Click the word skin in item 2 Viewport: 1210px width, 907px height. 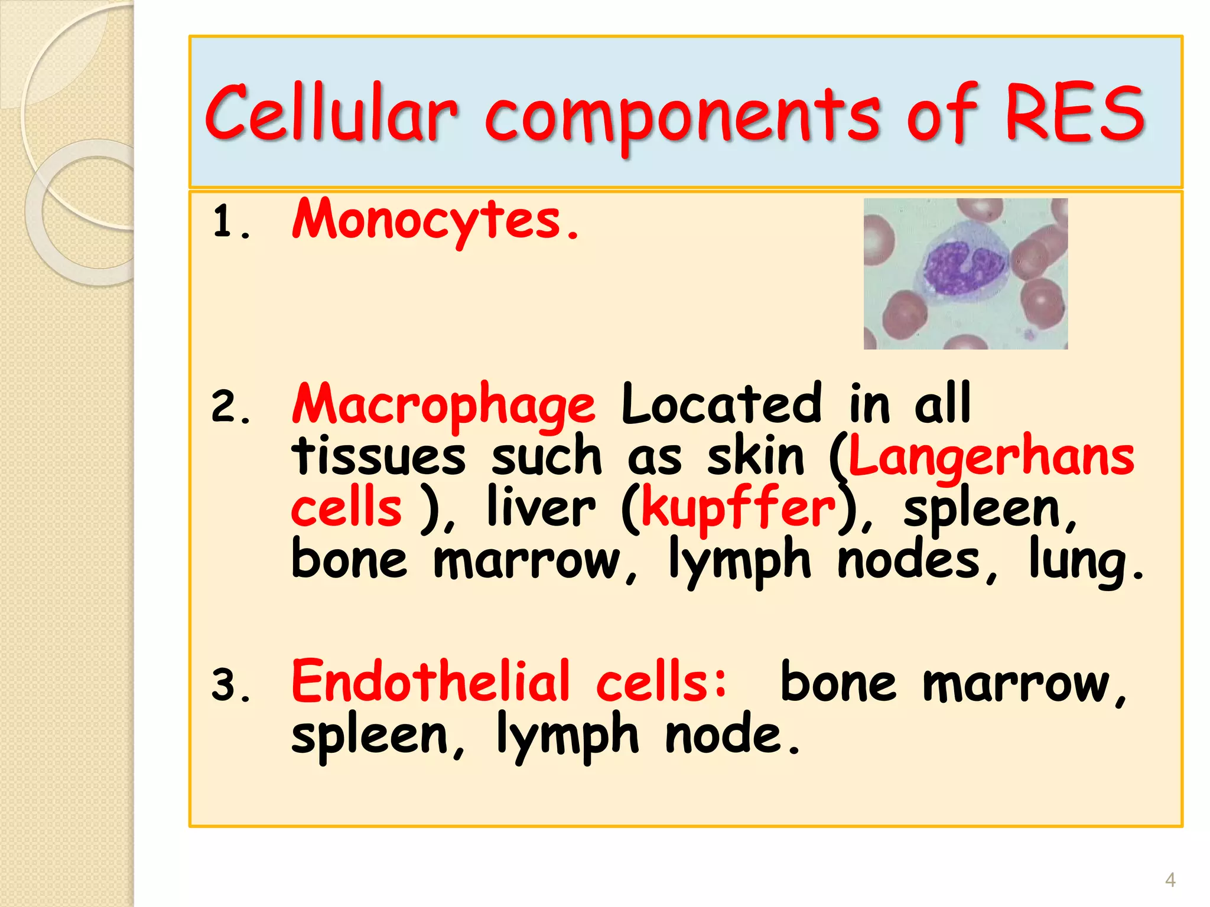tap(756, 456)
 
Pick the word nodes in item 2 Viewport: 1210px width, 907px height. tap(910, 560)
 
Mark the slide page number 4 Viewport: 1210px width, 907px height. tap(1170, 880)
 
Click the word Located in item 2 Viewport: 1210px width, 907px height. tap(721, 404)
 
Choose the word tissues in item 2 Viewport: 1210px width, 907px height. tap(378, 456)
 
